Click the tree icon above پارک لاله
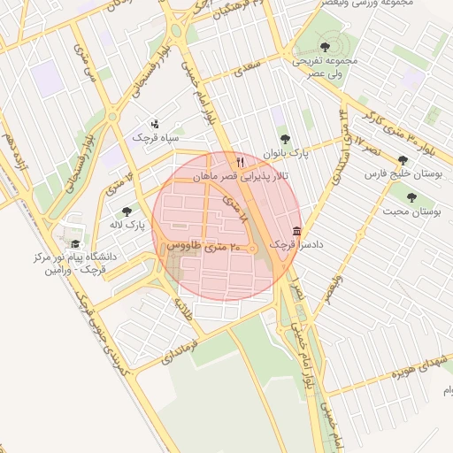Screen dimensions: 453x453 pos(127,211)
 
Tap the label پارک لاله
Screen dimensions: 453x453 pos(127,226)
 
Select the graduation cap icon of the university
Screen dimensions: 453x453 pos(74,243)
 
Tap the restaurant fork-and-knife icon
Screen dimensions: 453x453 pos(240,163)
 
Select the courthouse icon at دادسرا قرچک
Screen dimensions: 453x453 pos(296,230)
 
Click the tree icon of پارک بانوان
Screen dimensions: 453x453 pos(284,139)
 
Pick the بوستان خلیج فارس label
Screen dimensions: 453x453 pos(403,174)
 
